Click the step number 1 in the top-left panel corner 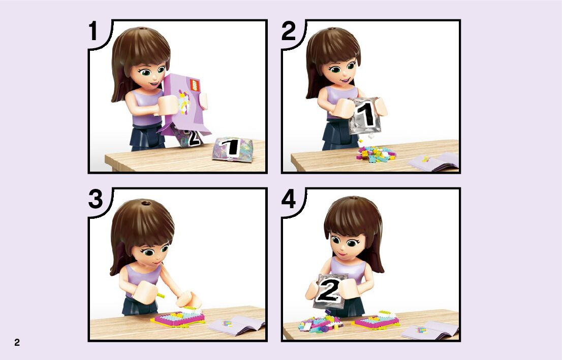tap(93, 31)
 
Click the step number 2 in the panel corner tap(289, 31)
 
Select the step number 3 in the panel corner tap(96, 199)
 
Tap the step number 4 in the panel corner tap(289, 199)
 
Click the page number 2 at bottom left tap(17, 342)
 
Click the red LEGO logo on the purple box tap(194, 85)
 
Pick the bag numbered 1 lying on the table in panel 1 tap(232, 148)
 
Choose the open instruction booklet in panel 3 tap(236, 325)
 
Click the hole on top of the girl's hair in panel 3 tap(146, 204)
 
